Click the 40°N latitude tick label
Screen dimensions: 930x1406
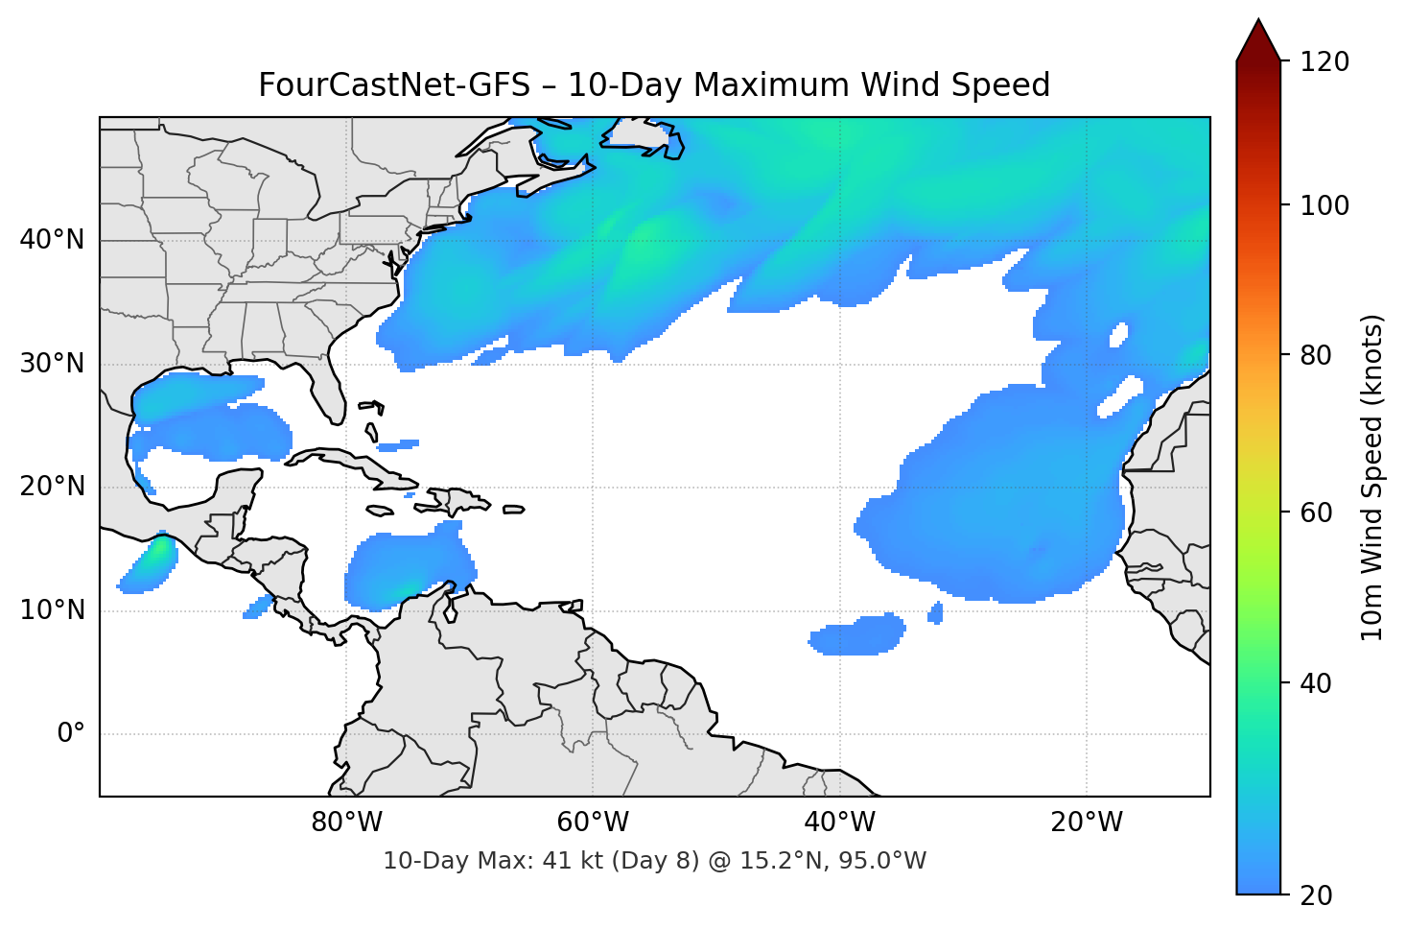click(x=52, y=240)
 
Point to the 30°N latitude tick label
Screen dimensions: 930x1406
click(x=52, y=364)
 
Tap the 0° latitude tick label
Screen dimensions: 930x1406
click(x=71, y=734)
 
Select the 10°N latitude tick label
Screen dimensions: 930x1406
click(x=52, y=610)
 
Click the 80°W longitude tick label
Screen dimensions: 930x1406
click(x=346, y=823)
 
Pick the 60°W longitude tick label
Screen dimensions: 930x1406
click(x=593, y=823)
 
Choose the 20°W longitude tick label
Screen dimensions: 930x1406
click(x=1087, y=823)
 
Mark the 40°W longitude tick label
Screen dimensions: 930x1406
click(x=840, y=823)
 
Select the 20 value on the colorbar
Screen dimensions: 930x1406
click(x=1316, y=895)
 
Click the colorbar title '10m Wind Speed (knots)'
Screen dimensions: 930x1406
click(x=1372, y=477)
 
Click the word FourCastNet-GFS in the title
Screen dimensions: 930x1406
click(x=394, y=85)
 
